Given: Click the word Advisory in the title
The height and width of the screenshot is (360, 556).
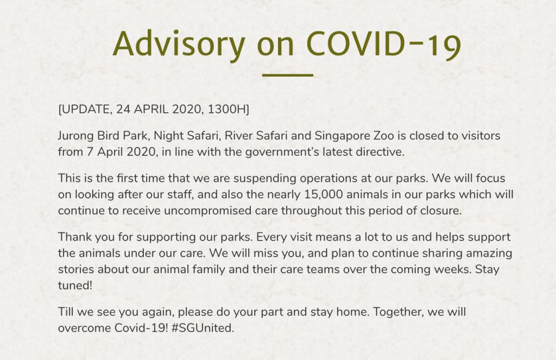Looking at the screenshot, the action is (179, 45).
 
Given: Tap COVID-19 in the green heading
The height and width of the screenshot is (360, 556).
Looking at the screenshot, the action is (383, 45).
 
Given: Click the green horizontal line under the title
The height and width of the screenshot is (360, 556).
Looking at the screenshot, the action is (288, 75).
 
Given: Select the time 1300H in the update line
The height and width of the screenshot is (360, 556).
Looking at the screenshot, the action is (227, 109).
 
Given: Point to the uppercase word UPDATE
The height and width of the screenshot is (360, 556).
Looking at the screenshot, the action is (86, 109).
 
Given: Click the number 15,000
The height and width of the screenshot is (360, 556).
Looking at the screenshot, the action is (324, 194).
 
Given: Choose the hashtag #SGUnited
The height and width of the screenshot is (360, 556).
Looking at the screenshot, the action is (203, 328).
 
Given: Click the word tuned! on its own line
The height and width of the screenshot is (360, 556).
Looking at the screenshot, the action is (75, 285).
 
